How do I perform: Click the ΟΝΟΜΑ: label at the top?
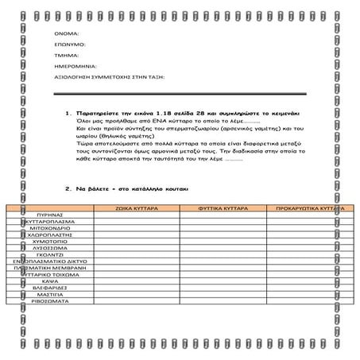pyautogui.click(x=67, y=35)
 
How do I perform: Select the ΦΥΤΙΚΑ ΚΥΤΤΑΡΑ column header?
pyautogui.click(x=224, y=207)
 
